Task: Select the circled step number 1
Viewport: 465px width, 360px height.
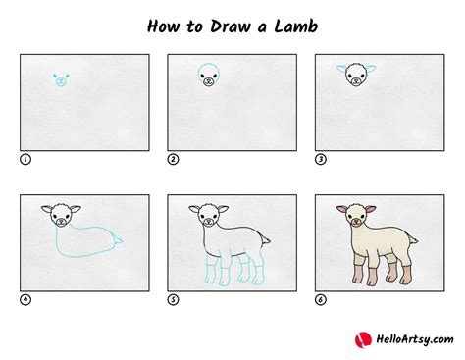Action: [26, 158]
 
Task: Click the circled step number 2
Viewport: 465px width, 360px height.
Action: [173, 158]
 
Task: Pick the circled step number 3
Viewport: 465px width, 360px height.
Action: [320, 158]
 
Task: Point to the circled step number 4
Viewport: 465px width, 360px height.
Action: [26, 299]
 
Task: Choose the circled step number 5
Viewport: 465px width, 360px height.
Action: [173, 299]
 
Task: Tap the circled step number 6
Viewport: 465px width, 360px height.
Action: [320, 299]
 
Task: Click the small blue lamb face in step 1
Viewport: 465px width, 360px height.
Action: [61, 79]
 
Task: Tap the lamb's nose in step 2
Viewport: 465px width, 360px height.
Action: [208, 82]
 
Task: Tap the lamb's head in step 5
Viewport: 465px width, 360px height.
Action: [207, 216]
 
